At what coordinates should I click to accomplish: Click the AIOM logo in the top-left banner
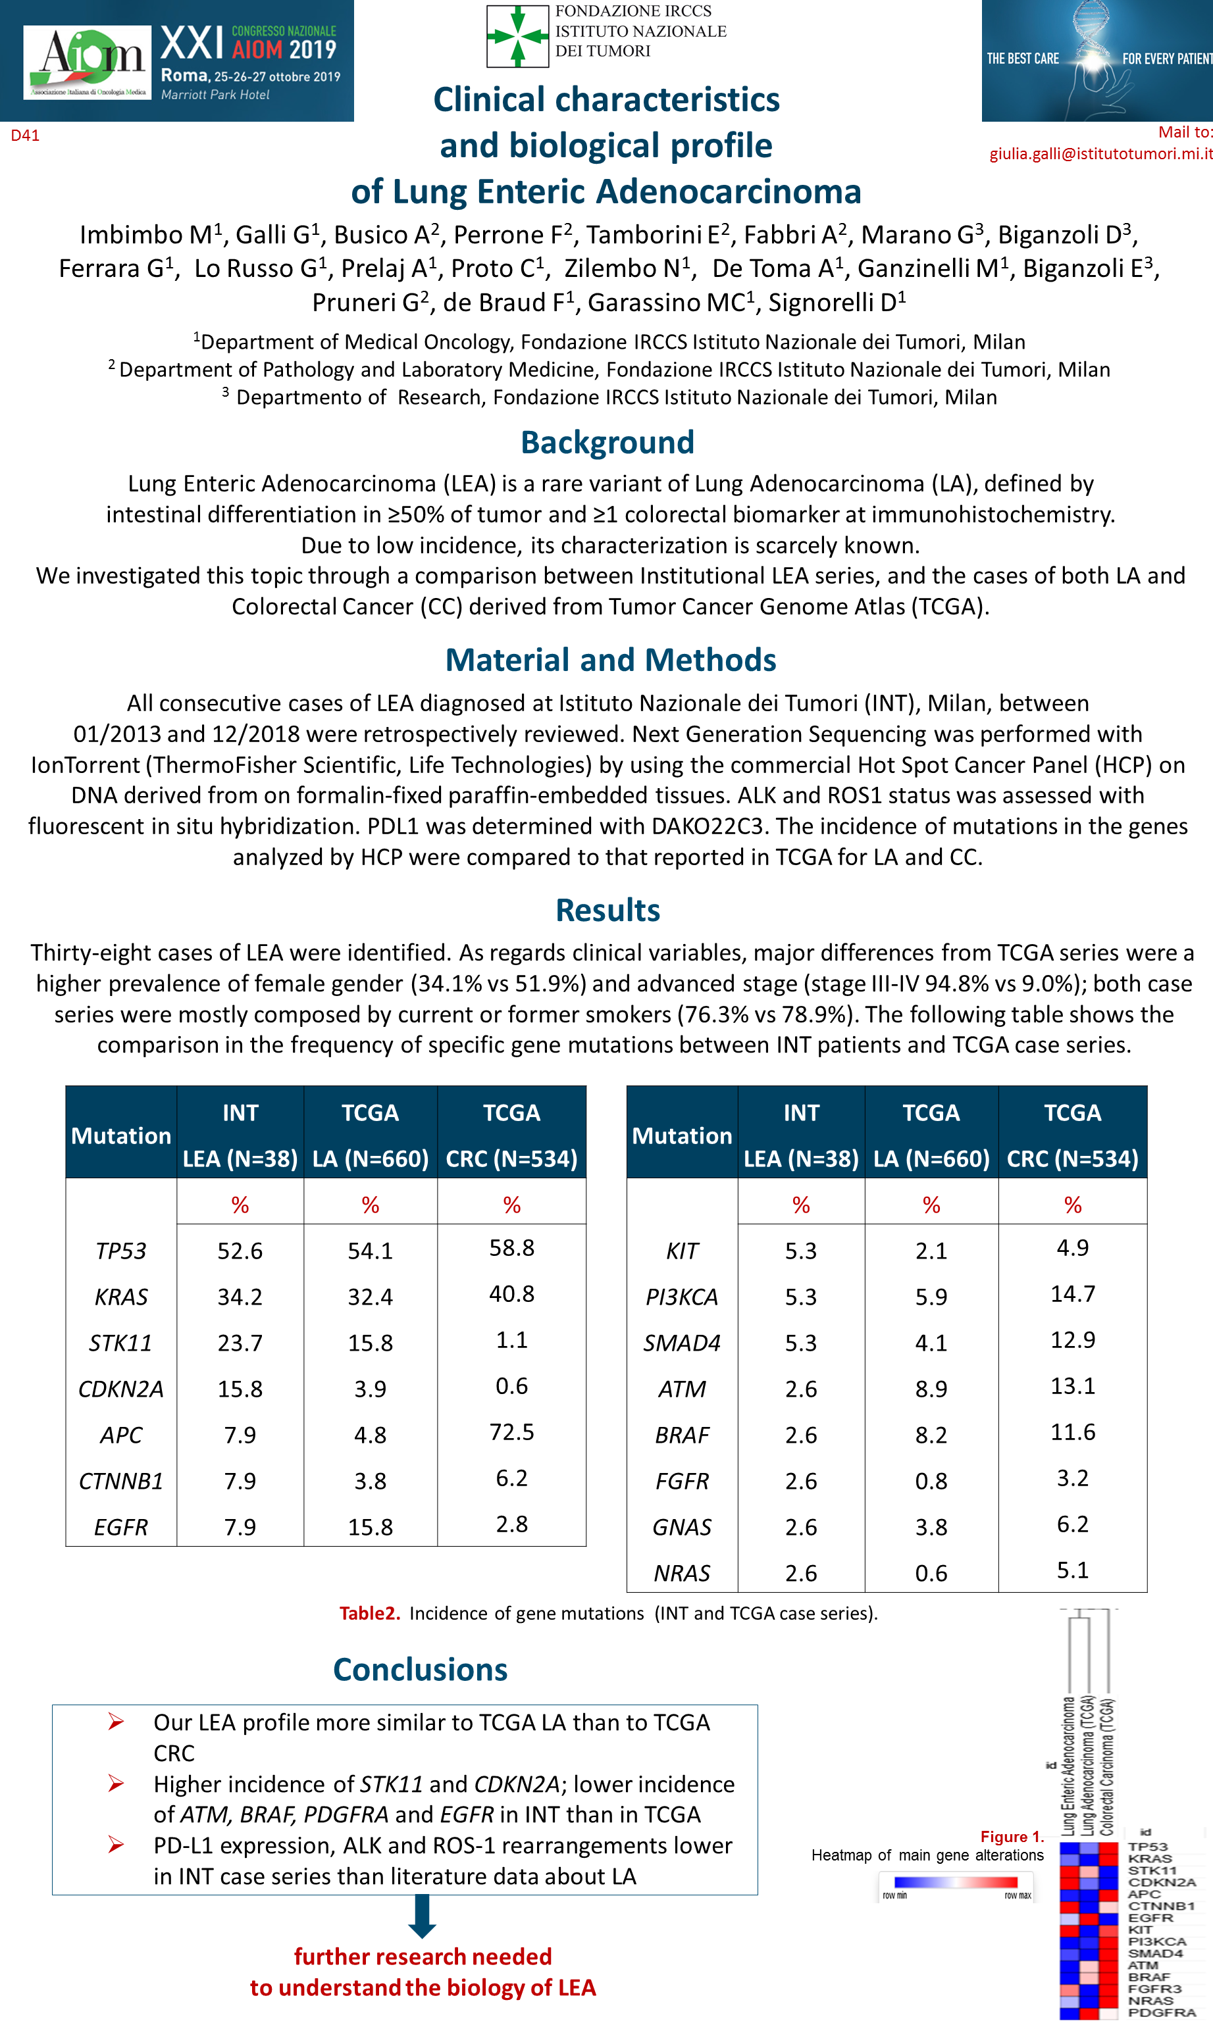tap(88, 62)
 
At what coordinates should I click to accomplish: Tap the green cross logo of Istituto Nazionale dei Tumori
tap(517, 36)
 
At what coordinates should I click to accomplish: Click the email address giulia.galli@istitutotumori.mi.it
tap(1100, 153)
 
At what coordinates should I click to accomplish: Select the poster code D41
tap(24, 136)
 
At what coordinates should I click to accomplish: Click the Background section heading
tap(607, 443)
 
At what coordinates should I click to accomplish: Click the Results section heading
tap(607, 910)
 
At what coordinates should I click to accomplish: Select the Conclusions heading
tap(420, 1670)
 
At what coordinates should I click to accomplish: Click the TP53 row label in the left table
tap(121, 1251)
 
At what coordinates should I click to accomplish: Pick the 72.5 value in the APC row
tap(511, 1432)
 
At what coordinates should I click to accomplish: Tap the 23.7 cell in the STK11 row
tap(240, 1343)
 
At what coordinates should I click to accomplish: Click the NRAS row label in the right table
tap(682, 1574)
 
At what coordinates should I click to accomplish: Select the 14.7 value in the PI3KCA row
tap(1072, 1294)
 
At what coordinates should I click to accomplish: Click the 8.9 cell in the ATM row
tap(931, 1389)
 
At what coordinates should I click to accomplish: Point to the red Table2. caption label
tap(369, 1613)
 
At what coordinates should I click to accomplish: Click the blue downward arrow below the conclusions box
tap(422, 1916)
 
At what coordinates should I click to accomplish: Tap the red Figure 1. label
tap(1012, 1836)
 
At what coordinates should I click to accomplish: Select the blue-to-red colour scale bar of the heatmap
tap(956, 1882)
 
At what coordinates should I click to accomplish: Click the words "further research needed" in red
tap(423, 1957)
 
